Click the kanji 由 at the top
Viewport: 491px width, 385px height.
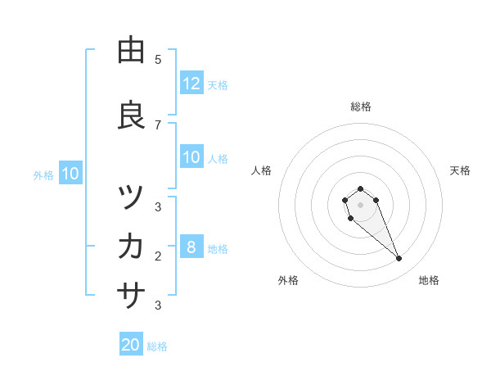131,51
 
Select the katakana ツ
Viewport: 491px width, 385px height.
131,197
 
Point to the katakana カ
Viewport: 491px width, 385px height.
131,246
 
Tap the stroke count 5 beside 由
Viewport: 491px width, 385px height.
158,60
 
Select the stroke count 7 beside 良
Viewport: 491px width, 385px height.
158,125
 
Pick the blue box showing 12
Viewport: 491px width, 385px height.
191,84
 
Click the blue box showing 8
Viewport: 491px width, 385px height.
191,248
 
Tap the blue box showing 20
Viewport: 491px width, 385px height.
131,345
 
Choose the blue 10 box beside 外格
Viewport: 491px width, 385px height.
70,174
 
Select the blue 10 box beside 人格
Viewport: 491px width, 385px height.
191,158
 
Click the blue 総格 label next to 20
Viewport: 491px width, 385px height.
157,346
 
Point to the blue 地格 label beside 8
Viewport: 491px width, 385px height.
218,249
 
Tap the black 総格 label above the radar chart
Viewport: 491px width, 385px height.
361,106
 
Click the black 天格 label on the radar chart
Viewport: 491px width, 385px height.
460,170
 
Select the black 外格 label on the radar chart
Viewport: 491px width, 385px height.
288,280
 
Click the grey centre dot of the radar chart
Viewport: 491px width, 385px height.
360,204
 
